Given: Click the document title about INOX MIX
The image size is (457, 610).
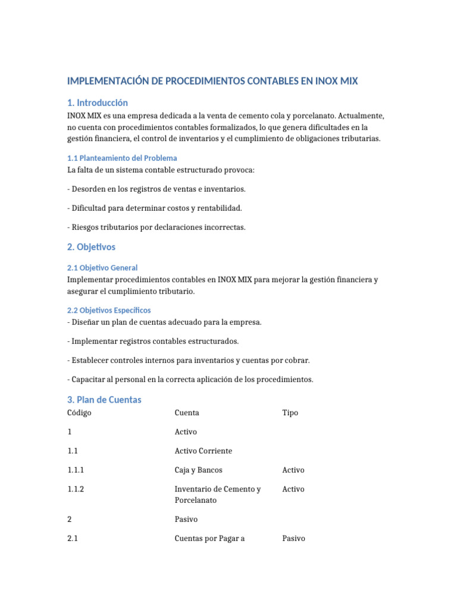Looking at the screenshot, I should pyautogui.click(x=212, y=80).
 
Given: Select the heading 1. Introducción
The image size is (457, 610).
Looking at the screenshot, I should pyautogui.click(x=98, y=102).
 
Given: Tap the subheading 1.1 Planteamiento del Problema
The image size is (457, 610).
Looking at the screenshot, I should pyautogui.click(x=122, y=158).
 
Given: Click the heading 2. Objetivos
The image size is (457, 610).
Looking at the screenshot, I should pyautogui.click(x=92, y=247).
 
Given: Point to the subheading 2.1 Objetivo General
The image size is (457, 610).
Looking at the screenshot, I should pyautogui.click(x=102, y=267).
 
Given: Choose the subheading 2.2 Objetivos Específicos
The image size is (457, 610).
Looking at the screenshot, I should pyautogui.click(x=109, y=310).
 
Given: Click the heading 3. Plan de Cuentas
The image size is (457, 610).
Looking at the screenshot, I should pyautogui.click(x=104, y=400).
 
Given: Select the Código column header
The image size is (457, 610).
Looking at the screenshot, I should pyautogui.click(x=80, y=413).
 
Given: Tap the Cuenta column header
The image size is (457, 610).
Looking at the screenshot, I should pyautogui.click(x=187, y=413).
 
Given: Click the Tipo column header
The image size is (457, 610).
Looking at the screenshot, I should pyautogui.click(x=290, y=413).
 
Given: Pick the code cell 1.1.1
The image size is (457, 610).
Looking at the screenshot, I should pyautogui.click(x=76, y=470).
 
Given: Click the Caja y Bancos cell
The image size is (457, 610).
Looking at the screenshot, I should pyautogui.click(x=198, y=470).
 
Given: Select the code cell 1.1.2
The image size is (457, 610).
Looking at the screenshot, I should pyautogui.click(x=76, y=489).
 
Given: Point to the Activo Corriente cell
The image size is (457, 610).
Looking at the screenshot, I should pyautogui.click(x=203, y=451).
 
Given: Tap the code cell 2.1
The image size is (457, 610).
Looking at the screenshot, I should pyautogui.click(x=73, y=539).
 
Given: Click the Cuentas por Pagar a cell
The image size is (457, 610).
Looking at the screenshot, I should pyautogui.click(x=209, y=539).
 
